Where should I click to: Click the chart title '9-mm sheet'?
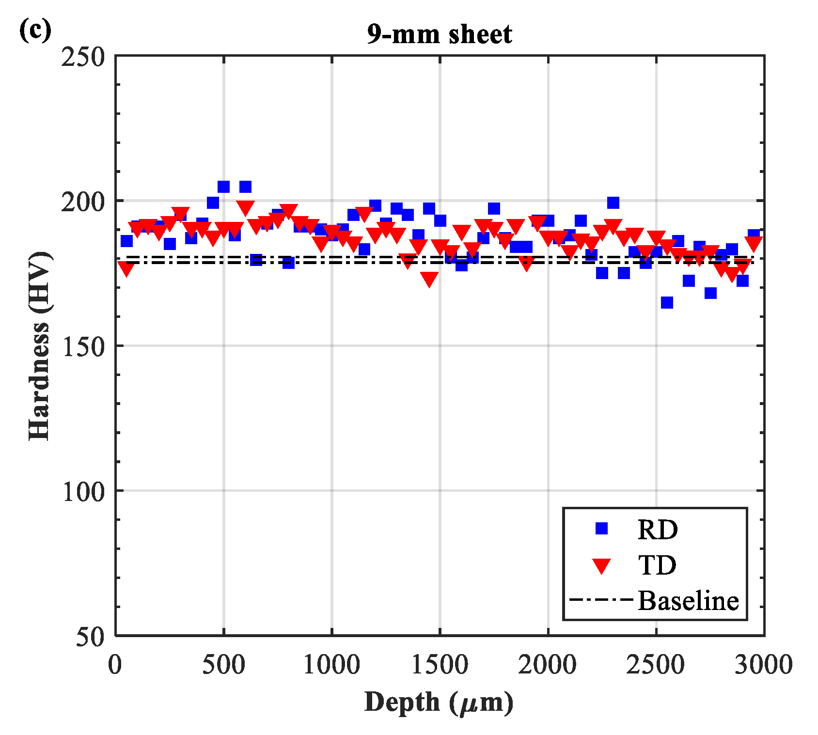pos(439,34)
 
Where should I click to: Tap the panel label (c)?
pos(35,30)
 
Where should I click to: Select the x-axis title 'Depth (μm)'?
pos(439,702)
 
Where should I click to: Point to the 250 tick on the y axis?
pos(83,57)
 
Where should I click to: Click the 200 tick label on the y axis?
pos(83,202)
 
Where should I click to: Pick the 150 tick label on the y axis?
pos(83,346)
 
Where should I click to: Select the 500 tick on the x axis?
pos(223,664)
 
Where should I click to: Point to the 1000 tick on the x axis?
pos(331,664)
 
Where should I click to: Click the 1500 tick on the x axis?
pos(440,664)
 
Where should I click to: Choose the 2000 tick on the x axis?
pos(548,664)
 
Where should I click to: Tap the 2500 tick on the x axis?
pos(656,664)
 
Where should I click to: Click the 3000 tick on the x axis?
pos(764,664)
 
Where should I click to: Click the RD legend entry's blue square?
pos(602,528)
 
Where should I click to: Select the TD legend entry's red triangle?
pos(602,565)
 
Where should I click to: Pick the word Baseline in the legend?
pos(688,601)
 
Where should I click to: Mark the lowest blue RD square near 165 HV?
pos(667,302)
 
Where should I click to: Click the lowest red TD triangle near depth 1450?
pos(429,279)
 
